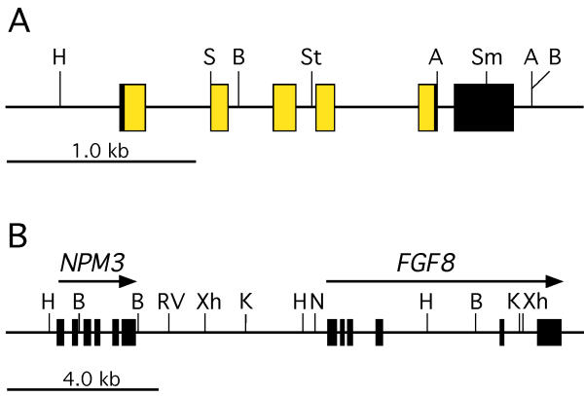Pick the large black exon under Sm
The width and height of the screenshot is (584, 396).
point(484,107)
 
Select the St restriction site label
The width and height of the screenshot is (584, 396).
point(311,57)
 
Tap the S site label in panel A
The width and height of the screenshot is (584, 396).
point(209,57)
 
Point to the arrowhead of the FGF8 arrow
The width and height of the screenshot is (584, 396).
point(555,281)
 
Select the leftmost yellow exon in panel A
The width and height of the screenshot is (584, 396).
point(134,107)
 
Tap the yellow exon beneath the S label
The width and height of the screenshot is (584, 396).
point(219,107)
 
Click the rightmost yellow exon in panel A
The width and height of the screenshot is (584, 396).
point(427,107)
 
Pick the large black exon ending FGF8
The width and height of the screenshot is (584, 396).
point(549,333)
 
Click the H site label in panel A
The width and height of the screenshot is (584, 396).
point(59,57)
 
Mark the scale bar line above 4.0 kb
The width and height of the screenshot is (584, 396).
point(83,388)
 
